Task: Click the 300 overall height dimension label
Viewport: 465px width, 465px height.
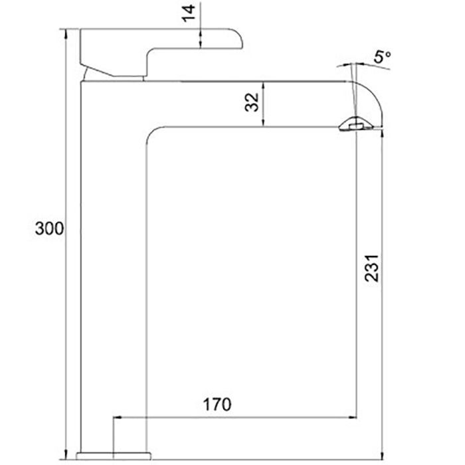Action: (49, 229)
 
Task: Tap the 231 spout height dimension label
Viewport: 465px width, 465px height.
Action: (372, 268)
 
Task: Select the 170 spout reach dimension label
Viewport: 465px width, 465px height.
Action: (217, 404)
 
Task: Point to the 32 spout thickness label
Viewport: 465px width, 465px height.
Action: (252, 102)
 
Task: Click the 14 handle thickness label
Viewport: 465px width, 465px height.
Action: (189, 13)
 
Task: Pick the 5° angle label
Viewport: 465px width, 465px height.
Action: (382, 56)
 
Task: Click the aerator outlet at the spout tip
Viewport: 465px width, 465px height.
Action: (356, 125)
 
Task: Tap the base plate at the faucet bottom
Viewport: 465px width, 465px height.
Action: (114, 456)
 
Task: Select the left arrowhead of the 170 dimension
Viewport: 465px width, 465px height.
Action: (117, 417)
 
